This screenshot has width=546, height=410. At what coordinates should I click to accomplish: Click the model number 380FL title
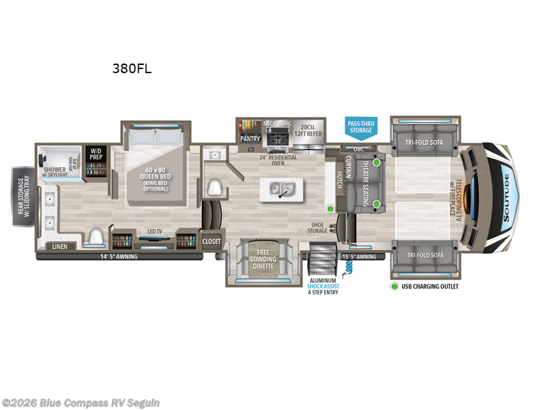(131, 68)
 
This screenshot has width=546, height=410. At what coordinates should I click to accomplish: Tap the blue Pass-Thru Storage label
(361, 126)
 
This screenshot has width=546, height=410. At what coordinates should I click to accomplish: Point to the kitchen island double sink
(281, 188)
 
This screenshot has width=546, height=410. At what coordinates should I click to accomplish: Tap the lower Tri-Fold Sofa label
(421, 255)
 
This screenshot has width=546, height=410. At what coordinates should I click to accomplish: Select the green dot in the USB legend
(394, 286)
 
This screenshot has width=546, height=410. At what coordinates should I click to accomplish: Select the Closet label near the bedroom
(212, 241)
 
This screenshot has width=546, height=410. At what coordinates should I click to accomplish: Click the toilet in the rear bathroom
(96, 237)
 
